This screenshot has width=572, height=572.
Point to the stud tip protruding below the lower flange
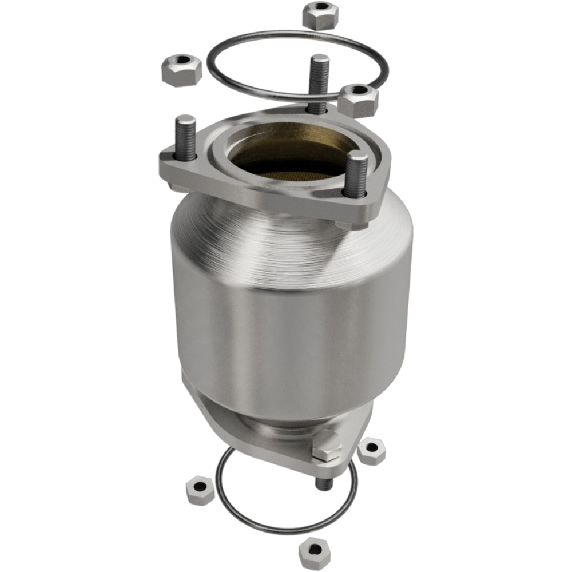324,483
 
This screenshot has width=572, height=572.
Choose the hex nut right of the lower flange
372,450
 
